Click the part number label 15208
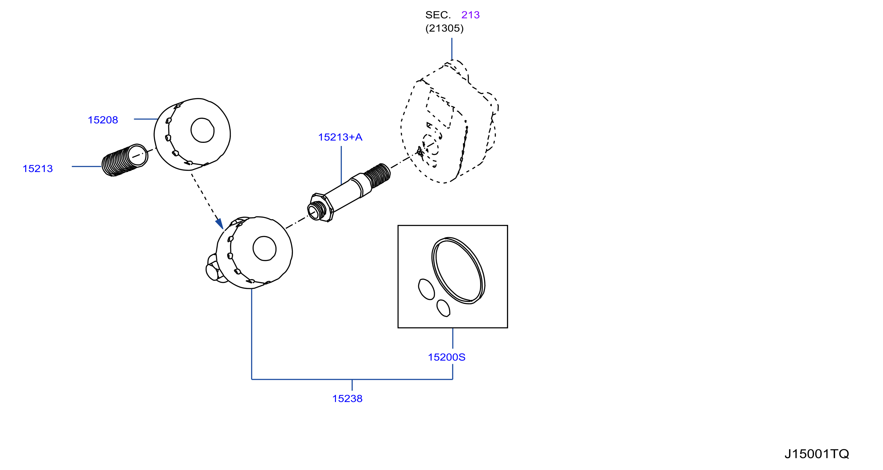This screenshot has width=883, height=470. click(x=103, y=120)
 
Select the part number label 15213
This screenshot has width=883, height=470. click(x=38, y=169)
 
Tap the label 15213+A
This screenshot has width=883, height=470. click(x=340, y=137)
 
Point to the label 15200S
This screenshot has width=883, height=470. click(x=447, y=358)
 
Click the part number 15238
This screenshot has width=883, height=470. click(x=347, y=399)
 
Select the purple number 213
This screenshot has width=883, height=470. click(x=470, y=15)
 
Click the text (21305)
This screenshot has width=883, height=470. click(x=444, y=28)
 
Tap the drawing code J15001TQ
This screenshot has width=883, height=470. click(x=817, y=454)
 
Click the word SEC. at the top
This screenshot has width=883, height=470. click(x=438, y=15)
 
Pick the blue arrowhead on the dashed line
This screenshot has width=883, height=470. click(x=220, y=224)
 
